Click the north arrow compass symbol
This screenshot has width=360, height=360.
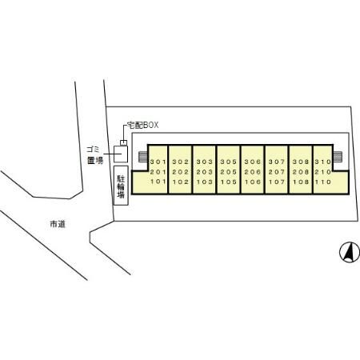pos(350,252)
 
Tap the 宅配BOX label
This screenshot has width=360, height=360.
pos(142,125)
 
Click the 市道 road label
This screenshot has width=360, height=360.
pos(58,224)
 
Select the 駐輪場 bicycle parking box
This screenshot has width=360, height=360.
pos(121,186)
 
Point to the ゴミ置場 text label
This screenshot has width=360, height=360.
pos(95,154)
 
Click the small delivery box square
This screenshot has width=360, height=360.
pos(123,142)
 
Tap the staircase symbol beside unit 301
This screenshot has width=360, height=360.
pos(143,157)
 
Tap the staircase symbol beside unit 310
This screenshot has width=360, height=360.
pos(338,157)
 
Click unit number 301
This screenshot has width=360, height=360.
pos(158,162)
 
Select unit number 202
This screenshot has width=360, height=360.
pos(181,172)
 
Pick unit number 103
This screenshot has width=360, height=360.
pos(205,182)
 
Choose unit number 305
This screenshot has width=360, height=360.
pos(229,162)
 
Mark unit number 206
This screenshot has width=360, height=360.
pos(253,172)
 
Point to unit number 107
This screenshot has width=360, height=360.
pos(277,182)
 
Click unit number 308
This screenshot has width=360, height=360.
pos(301,162)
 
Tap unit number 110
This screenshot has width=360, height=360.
pos(323,182)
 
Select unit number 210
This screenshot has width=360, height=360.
pos(323,172)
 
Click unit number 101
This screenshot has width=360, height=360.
pos(158,182)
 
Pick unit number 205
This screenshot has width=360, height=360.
pos(229,172)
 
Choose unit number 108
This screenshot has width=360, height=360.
pos(301,182)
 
